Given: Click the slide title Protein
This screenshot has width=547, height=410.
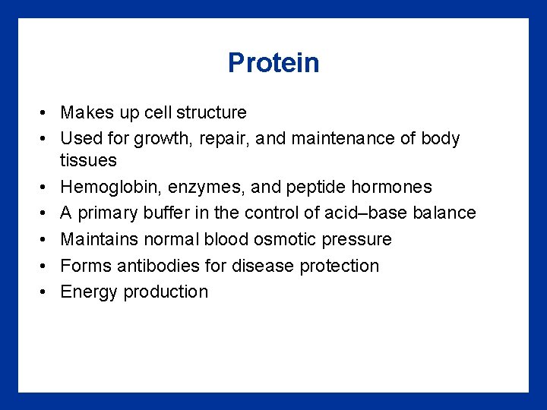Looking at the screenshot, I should click(273, 63).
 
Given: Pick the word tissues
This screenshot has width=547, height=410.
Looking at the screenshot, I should click(88, 161).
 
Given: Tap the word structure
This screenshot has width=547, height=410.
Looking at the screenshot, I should click(211, 113).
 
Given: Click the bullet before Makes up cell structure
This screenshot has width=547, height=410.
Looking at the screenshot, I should click(46, 113).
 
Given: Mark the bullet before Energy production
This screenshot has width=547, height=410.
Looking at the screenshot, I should click(46, 292).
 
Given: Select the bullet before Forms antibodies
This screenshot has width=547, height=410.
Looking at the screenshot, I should click(46, 266).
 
